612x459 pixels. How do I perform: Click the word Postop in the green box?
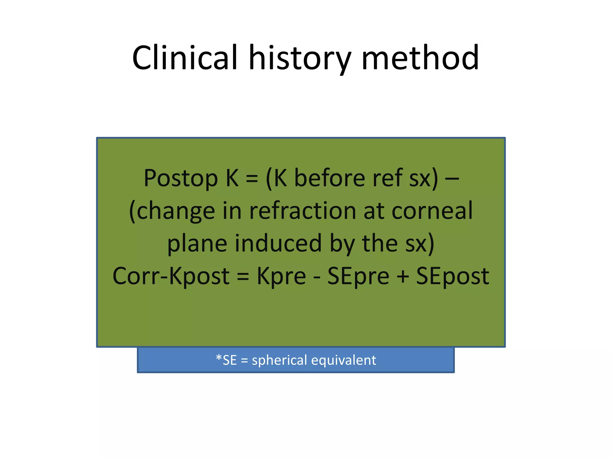[x=180, y=178]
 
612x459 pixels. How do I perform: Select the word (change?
[x=172, y=211]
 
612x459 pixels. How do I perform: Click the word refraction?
[x=303, y=211]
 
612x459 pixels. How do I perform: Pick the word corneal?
[x=432, y=211]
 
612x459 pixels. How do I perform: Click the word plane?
[x=197, y=244]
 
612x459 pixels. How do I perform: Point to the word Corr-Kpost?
[x=171, y=276]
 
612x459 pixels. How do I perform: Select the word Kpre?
[x=281, y=276]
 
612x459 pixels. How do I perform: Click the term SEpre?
[x=358, y=276]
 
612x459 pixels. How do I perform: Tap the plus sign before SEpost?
[x=403, y=276]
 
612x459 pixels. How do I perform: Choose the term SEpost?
[x=452, y=276]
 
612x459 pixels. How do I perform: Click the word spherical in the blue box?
[x=279, y=360]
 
